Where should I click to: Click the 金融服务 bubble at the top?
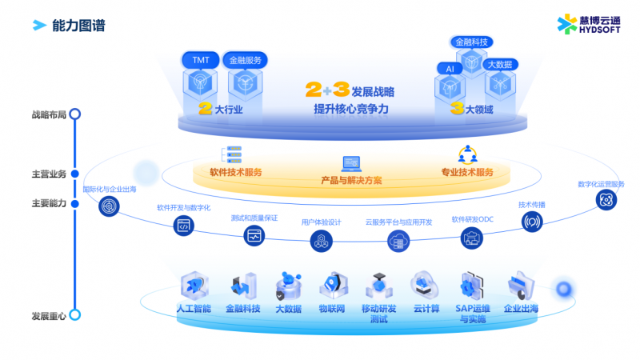245,60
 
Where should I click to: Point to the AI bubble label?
449,69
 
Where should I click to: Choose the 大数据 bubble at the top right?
499,64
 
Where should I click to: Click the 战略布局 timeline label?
49,114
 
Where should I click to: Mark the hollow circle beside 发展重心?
74,315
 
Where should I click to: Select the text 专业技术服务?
467,172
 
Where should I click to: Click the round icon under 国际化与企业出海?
109,206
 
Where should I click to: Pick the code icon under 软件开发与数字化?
183,226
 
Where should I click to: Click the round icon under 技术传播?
531,222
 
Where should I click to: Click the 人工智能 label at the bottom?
194,308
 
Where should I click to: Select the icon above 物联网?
332,285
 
